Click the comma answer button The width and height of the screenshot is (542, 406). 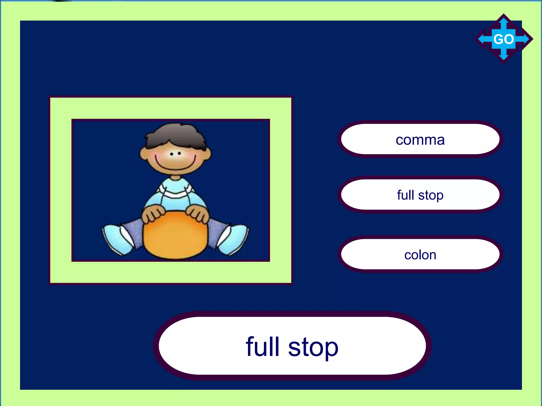coord(420,139)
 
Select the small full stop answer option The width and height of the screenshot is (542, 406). coord(420,195)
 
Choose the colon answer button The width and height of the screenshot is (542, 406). coord(420,255)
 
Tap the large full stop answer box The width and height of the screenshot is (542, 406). coord(292,346)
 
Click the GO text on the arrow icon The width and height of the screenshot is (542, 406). coord(504,39)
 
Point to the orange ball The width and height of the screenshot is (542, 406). coord(175,235)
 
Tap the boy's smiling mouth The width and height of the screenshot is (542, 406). coord(175,165)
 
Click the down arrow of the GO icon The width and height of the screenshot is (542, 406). coord(504,56)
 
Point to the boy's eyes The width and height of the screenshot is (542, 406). coord(175,153)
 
